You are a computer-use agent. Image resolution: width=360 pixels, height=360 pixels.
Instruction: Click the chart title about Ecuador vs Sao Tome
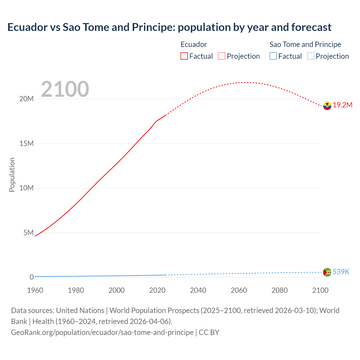coord(169,27)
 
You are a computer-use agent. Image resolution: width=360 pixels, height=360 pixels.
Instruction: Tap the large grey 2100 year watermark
coord(65,89)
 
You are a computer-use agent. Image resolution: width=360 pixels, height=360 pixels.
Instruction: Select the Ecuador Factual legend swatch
coord(184,56)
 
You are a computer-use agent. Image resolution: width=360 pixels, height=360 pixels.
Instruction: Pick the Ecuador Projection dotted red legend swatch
coord(222,56)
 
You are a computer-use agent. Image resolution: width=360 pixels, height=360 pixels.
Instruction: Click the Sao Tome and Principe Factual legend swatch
coord(273,56)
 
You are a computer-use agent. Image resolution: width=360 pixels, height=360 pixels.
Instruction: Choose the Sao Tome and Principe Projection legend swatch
coord(310,56)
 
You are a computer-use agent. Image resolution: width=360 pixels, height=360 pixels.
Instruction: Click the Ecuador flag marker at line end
coord(327,105)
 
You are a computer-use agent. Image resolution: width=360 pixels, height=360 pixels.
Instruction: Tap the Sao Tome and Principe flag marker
coord(327,272)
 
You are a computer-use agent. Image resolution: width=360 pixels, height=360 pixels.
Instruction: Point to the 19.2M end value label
coord(343,105)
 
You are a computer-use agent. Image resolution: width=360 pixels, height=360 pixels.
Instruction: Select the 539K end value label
coord(341,272)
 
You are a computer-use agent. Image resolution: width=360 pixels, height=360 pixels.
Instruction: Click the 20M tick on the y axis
coord(26,99)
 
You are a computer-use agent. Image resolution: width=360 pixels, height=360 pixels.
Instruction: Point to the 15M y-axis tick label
coord(26,143)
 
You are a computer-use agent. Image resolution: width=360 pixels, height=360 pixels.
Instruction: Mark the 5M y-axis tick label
coord(28,233)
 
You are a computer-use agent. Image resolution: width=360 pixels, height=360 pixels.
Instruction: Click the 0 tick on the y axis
coord(31,277)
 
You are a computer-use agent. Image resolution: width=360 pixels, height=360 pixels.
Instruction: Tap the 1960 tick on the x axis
coord(35,290)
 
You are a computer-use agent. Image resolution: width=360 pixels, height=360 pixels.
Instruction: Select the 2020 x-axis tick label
coord(157,290)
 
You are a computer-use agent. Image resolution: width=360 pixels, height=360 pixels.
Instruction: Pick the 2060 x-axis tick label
coord(239,290)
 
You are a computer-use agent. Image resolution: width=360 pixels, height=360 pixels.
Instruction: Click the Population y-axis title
coord(12,175)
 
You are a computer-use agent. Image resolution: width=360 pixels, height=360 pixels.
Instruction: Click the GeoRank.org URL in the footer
coord(102,332)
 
